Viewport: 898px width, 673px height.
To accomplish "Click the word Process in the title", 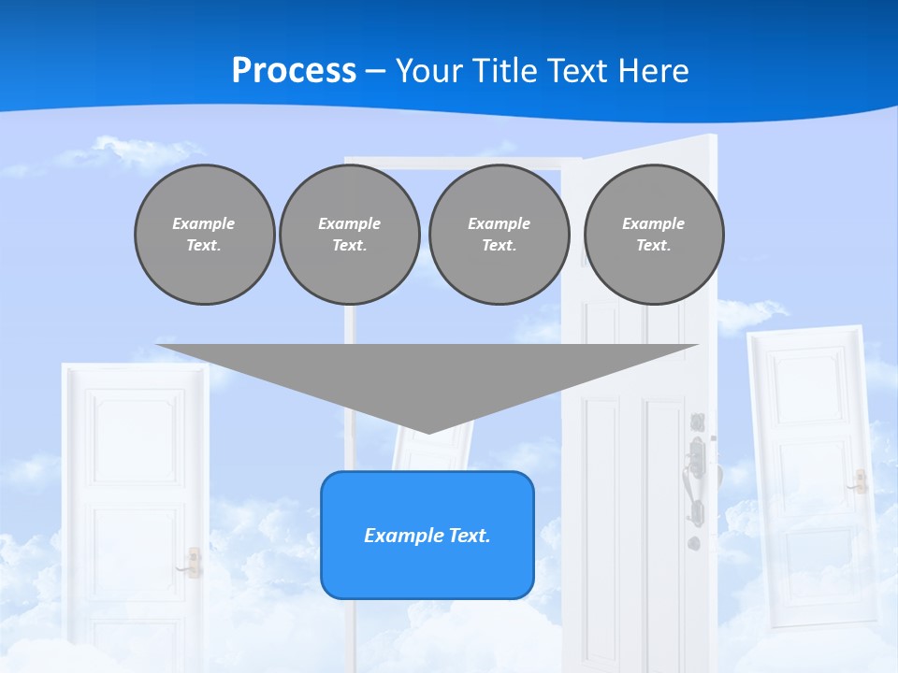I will click(x=294, y=71).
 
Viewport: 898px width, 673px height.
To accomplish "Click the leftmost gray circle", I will click(x=204, y=235).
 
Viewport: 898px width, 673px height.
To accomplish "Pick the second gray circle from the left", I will click(x=349, y=235).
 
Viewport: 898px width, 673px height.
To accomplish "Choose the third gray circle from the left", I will click(x=499, y=235).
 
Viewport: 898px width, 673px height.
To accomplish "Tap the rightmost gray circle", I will click(x=653, y=235).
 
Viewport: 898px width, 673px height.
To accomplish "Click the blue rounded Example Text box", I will click(x=427, y=535).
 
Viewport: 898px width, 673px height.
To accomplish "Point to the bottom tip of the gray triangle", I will click(x=428, y=433).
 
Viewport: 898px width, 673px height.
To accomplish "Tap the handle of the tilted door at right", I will click(x=857, y=482).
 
